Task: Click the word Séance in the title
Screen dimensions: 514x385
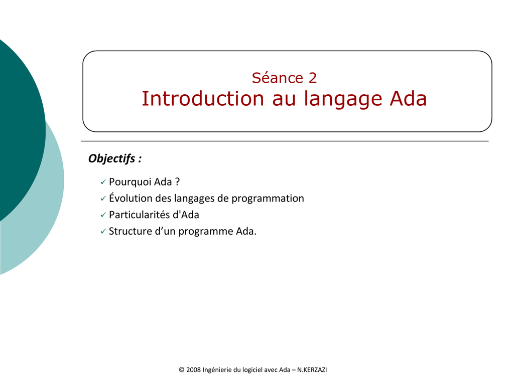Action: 277,78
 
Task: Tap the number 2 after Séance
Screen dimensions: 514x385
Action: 312,78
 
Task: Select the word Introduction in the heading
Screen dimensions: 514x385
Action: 203,98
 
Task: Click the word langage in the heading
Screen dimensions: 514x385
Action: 343,99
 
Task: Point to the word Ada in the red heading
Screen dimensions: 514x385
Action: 408,98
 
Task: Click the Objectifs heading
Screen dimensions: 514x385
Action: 115,158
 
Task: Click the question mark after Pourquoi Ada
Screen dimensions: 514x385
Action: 177,181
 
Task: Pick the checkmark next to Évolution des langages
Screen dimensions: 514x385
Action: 103,199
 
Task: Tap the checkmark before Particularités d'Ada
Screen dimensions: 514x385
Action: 103,215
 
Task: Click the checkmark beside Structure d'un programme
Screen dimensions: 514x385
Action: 103,231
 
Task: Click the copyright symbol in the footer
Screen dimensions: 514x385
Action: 182,370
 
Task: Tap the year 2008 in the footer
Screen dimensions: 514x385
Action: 193,370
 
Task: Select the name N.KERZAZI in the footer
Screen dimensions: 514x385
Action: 312,370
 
